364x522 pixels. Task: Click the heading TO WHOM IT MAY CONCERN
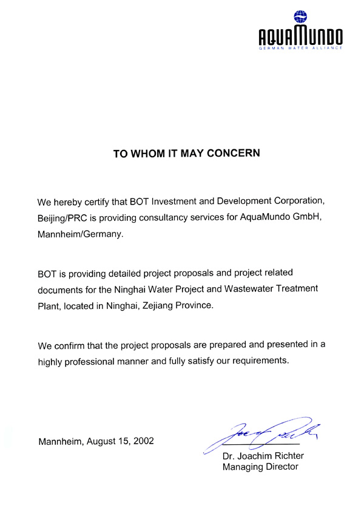[x=187, y=154]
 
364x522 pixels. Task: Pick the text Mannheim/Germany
[x=80, y=233]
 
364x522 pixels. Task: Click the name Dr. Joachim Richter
[x=263, y=456]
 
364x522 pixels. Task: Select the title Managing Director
[x=260, y=467]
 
